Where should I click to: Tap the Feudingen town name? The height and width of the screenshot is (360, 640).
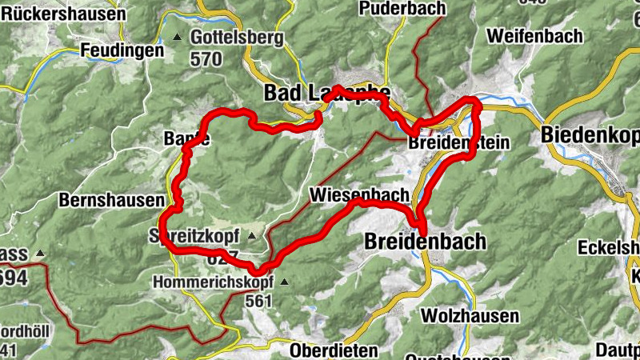(x=122, y=50)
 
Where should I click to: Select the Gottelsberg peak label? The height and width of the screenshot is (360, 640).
(x=238, y=38)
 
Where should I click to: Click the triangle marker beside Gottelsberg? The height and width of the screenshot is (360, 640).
(x=178, y=38)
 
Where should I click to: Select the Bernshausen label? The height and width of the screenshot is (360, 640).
(x=111, y=200)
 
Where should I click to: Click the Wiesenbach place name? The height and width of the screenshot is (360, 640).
(x=359, y=194)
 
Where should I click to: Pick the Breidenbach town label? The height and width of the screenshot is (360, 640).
(x=425, y=241)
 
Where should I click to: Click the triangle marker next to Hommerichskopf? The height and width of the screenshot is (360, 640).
(x=282, y=282)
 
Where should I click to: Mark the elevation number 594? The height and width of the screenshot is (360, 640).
(x=14, y=277)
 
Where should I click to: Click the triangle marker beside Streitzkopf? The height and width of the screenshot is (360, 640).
(x=252, y=236)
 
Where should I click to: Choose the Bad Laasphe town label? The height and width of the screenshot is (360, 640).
(x=326, y=94)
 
